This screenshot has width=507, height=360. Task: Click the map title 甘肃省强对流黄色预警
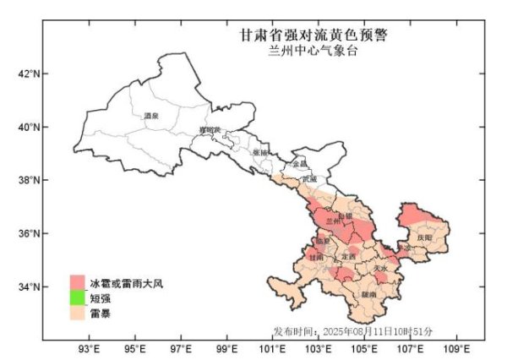313,36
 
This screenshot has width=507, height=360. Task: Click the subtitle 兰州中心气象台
313,51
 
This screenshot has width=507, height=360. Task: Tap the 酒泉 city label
152,116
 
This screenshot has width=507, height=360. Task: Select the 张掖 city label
261,152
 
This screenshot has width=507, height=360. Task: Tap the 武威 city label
308,179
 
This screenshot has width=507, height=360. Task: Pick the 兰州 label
333,221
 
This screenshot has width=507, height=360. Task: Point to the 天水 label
381,269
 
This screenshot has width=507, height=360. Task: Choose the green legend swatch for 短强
78,297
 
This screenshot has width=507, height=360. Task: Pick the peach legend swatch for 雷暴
78,313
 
